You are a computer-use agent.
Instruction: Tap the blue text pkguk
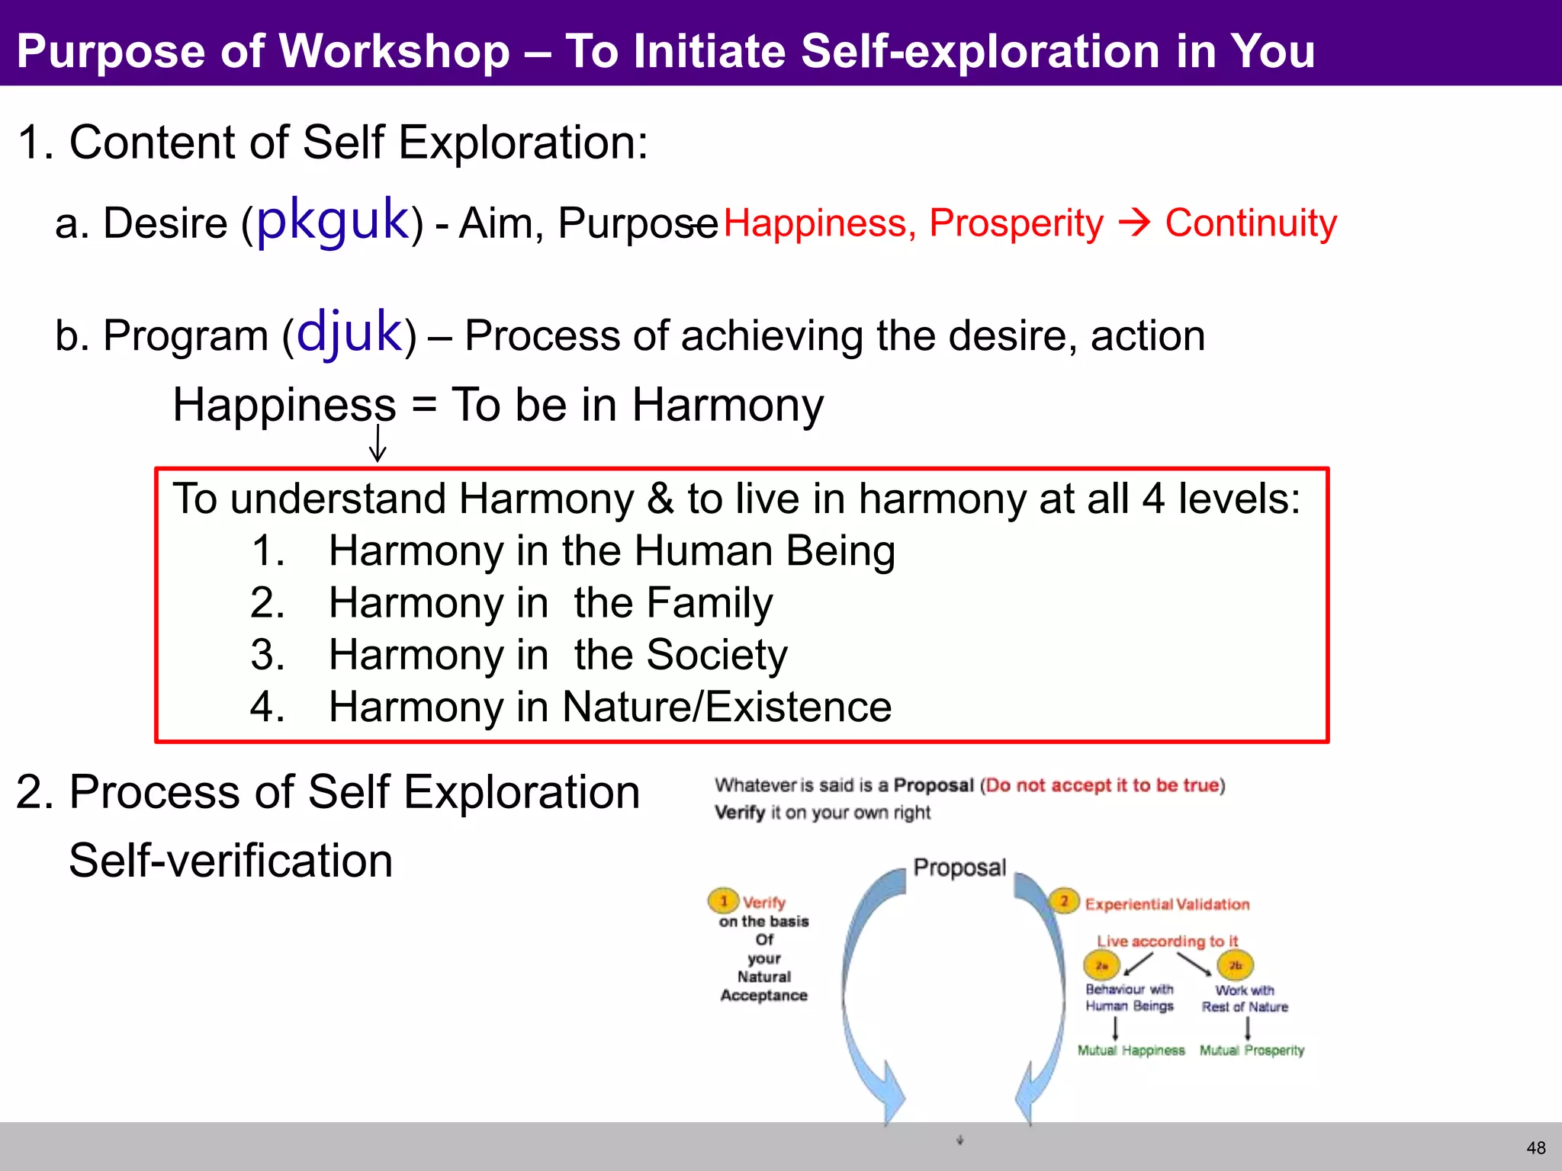[x=333, y=220]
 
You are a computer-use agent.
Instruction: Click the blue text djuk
[x=349, y=332]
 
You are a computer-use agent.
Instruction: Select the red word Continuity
[x=1251, y=223]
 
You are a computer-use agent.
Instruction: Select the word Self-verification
[x=230, y=861]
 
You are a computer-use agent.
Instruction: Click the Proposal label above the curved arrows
[x=959, y=868]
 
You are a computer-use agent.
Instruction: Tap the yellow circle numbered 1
[x=723, y=900]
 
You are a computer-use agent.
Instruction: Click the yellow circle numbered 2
[x=1064, y=901]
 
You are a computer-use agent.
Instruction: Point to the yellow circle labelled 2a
[x=1101, y=966]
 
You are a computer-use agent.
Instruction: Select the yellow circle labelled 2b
[x=1235, y=966]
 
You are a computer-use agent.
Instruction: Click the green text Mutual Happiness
[x=1131, y=1051]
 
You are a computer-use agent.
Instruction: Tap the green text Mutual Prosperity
[x=1252, y=1051]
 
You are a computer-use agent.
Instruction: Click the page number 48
[x=1535, y=1147]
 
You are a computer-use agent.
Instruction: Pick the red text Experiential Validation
[x=1167, y=904]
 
